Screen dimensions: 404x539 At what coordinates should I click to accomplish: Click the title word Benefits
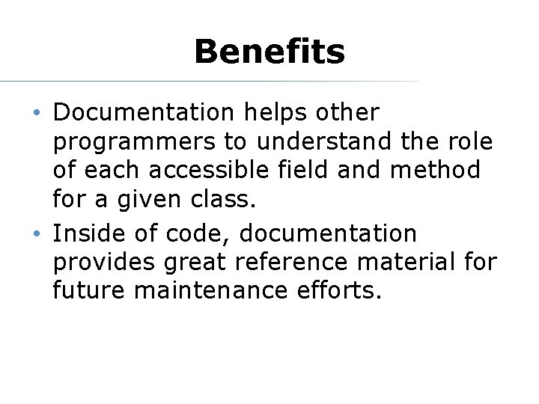(269, 52)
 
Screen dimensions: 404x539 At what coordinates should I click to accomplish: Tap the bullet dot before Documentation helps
(37, 113)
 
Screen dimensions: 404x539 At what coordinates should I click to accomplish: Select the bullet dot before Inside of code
(37, 234)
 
